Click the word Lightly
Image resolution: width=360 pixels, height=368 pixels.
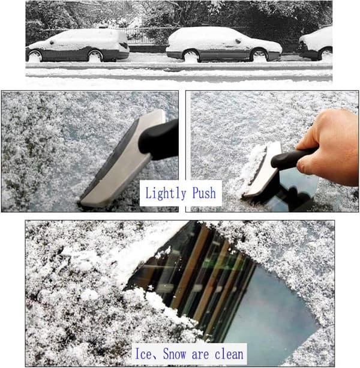[166, 193]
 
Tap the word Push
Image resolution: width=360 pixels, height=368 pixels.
[204, 193]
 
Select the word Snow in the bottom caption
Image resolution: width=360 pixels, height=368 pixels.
[175, 354]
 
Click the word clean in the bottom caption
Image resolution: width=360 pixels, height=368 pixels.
[229, 354]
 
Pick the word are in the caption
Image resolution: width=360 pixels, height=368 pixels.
[200, 355]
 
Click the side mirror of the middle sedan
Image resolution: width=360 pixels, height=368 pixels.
[238, 41]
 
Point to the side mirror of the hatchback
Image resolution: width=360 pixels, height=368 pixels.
[52, 43]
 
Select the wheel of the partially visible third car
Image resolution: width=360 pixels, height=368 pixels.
[326, 54]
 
